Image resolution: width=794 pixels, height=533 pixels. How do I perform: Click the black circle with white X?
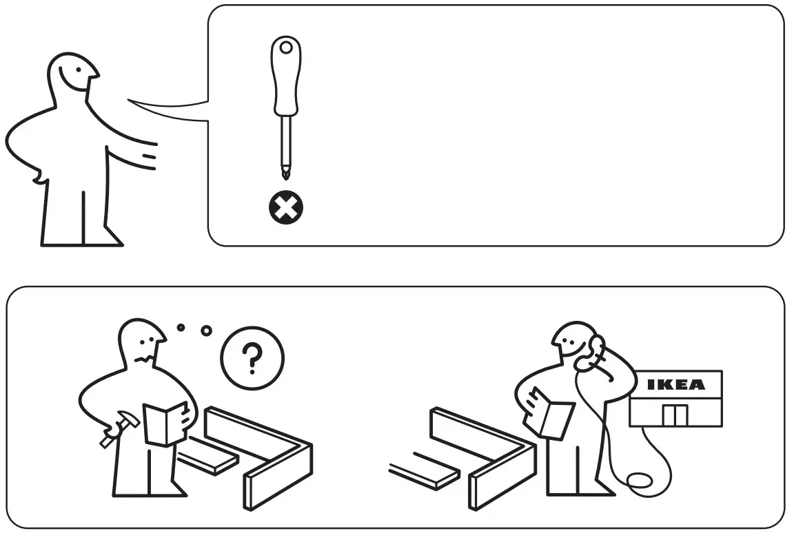285,207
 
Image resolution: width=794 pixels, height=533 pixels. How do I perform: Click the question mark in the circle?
252,357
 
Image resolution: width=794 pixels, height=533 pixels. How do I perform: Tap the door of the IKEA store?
675,415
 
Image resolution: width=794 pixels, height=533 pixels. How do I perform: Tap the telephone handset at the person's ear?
591,353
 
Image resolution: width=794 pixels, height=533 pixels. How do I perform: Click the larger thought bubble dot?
206,331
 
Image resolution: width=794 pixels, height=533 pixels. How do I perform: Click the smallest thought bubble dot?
181,326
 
